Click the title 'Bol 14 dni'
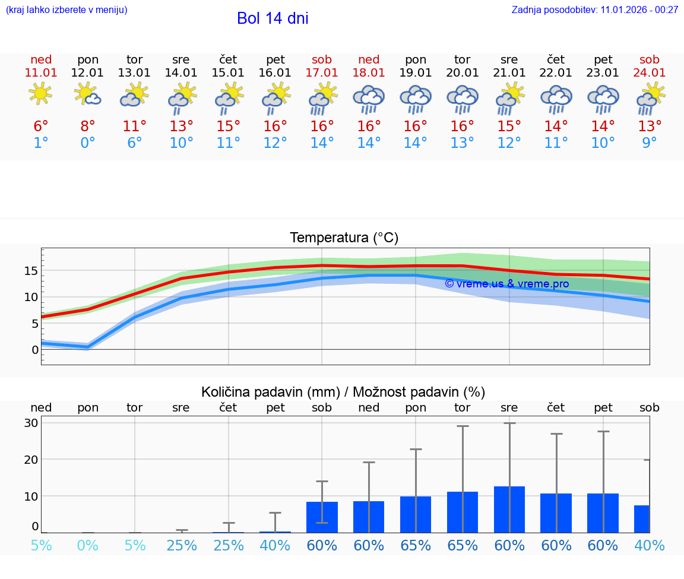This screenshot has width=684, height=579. pos(273,18)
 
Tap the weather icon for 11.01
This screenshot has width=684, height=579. pos(40,94)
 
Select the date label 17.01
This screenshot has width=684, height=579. pos(322,72)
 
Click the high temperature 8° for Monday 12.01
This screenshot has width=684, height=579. pos(88,126)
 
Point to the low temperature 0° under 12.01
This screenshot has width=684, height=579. pos(88,143)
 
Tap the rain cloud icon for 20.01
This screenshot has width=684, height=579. pos(463,99)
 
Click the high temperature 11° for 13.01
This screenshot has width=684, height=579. pos(135,126)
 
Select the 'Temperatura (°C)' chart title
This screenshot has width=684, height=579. pos(344,238)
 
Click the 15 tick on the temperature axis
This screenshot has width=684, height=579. pos(31,271)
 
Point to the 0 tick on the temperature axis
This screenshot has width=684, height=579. pos(35,350)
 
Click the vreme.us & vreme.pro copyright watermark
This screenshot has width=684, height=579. pos(506,284)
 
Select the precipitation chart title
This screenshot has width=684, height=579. pos(343,392)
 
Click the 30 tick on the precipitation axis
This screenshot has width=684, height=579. pos(31,423)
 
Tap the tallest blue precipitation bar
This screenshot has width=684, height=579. pos(509,510)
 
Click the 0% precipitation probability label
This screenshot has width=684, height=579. pos(88,545)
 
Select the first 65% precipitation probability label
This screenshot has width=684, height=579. pos(416,545)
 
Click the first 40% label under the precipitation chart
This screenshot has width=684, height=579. pos(275,545)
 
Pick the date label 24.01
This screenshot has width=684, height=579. pos(650,72)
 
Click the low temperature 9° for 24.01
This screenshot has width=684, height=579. pos(650,143)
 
